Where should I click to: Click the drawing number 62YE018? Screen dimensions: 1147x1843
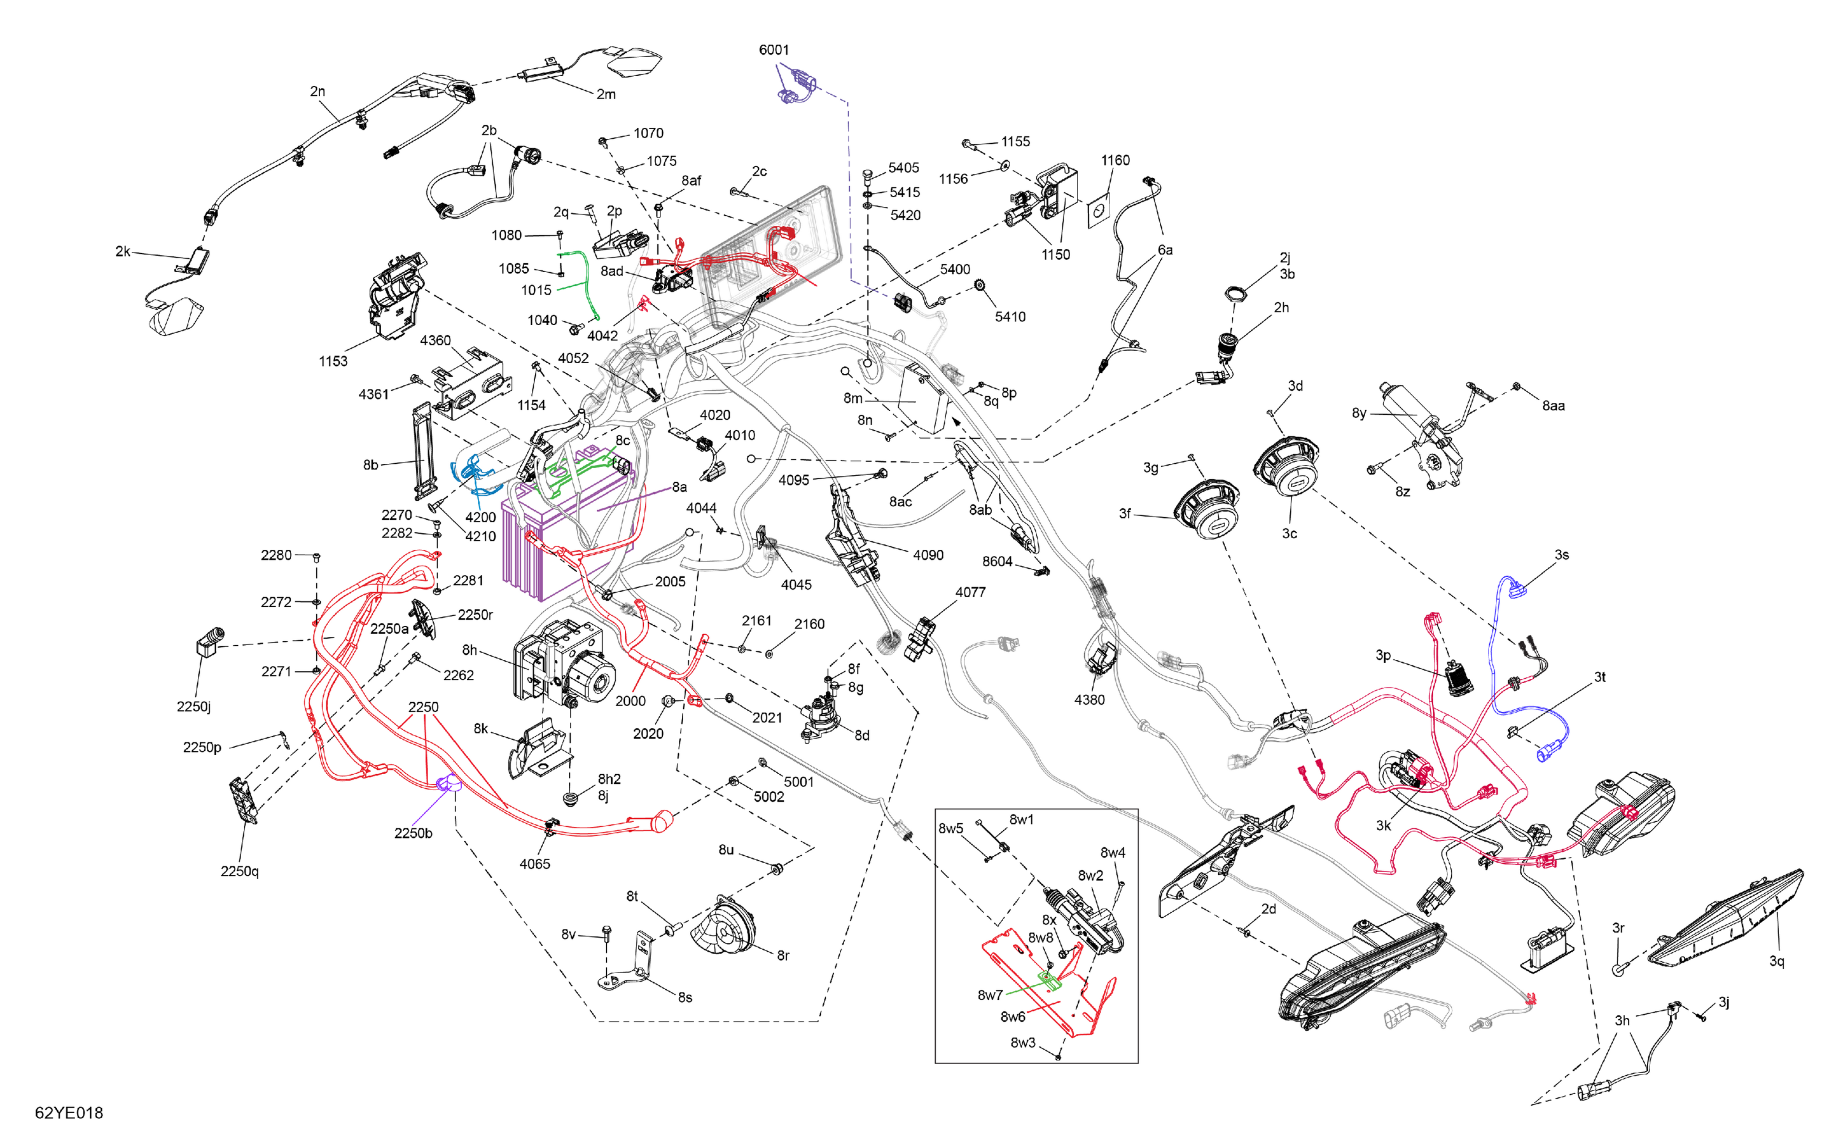click(x=69, y=1113)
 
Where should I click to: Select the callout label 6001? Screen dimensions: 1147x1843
click(x=773, y=50)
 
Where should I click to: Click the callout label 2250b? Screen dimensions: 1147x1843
click(x=413, y=833)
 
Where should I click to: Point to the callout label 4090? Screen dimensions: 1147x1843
click(x=928, y=555)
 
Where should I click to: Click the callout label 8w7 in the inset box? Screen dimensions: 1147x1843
click(x=990, y=995)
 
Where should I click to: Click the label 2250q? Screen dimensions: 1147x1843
click(x=240, y=871)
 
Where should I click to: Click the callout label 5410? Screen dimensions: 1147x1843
click(x=1009, y=317)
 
